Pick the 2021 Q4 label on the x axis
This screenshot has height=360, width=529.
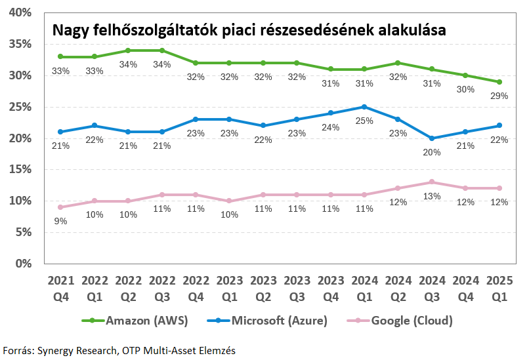click(60, 287)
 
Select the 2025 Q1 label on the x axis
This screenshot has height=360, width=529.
click(499, 287)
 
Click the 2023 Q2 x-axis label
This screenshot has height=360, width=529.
click(263, 287)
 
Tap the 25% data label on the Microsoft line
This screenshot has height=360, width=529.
click(364, 121)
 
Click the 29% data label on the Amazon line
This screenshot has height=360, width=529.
click(499, 96)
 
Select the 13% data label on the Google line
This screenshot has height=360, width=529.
click(432, 195)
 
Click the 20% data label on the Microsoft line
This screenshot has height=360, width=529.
click(432, 152)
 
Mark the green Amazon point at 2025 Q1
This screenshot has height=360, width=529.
click(499, 82)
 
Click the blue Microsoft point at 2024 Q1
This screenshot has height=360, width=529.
click(364, 107)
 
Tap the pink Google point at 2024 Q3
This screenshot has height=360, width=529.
click(432, 182)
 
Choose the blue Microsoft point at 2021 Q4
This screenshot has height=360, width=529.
click(60, 132)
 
